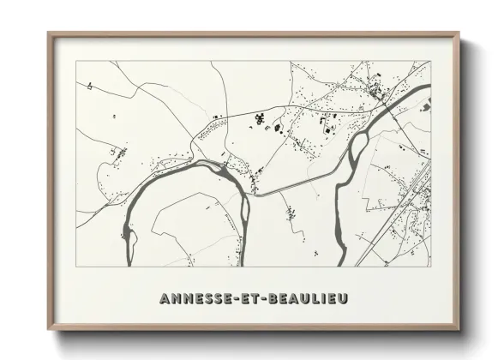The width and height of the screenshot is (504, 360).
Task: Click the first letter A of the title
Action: point(165,299)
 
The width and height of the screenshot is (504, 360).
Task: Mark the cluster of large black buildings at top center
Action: point(276,125)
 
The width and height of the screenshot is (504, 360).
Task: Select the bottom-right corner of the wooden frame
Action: point(459,329)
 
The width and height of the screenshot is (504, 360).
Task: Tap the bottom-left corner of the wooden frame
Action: point(49,329)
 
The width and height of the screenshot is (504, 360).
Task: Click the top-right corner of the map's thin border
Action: point(429,61)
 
